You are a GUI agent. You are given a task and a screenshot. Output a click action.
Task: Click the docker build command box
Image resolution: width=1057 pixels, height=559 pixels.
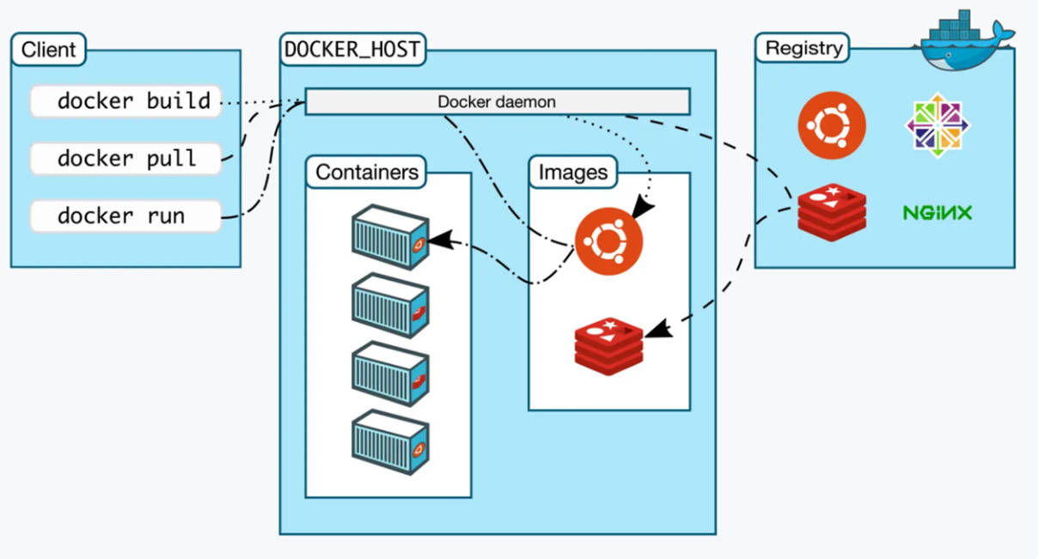tap(125, 101)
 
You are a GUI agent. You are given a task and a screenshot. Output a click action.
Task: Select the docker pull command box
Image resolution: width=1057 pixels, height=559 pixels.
tap(125, 159)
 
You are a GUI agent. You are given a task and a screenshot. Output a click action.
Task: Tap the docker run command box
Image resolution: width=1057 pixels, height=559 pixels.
tap(125, 216)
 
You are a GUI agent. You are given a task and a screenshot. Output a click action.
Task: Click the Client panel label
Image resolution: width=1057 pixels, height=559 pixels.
tap(48, 49)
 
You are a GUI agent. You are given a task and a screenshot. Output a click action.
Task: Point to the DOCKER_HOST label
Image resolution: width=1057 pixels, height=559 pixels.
tap(352, 49)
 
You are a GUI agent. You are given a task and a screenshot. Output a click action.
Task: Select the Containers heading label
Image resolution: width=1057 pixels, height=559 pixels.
tap(367, 173)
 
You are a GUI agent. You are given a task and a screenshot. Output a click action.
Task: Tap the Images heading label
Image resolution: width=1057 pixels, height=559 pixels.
tap(572, 173)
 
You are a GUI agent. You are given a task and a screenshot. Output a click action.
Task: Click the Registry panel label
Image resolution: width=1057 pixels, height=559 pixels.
tap(803, 48)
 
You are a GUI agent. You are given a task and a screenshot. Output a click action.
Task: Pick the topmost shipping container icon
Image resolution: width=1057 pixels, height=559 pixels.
tap(389, 237)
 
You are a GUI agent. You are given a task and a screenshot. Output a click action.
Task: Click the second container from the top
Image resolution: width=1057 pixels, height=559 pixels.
tap(389, 305)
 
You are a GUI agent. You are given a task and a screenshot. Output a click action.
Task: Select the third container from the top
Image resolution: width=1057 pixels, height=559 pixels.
tap(389, 373)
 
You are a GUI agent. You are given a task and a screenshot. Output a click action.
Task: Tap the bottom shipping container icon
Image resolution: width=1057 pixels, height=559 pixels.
tap(389, 441)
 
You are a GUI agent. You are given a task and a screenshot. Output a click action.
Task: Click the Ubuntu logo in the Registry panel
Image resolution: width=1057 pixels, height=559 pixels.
tap(831, 126)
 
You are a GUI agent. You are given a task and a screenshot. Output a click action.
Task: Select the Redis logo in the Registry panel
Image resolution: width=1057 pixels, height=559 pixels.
tap(831, 212)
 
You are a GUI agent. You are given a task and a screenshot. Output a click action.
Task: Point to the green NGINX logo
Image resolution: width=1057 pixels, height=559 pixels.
tap(938, 212)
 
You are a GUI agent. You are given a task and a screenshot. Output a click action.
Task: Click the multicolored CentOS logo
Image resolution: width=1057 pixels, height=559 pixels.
tap(937, 125)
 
